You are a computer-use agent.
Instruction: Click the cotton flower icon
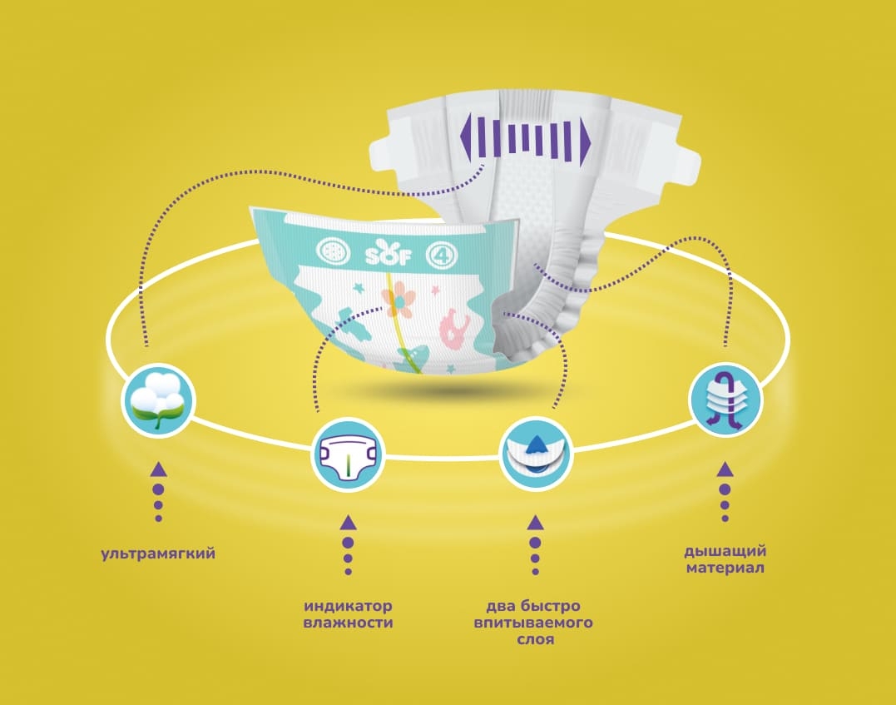click(159, 400)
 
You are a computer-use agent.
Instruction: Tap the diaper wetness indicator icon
click(348, 455)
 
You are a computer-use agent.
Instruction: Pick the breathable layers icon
click(725, 400)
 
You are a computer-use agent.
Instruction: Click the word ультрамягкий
click(158, 554)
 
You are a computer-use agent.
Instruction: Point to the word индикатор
click(348, 606)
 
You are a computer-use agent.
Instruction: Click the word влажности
click(348, 623)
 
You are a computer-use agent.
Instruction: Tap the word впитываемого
click(533, 623)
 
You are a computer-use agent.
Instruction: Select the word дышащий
click(725, 553)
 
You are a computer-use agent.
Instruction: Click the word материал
click(725, 568)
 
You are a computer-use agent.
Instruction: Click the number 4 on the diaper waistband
click(443, 256)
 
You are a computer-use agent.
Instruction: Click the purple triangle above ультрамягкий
click(159, 470)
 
